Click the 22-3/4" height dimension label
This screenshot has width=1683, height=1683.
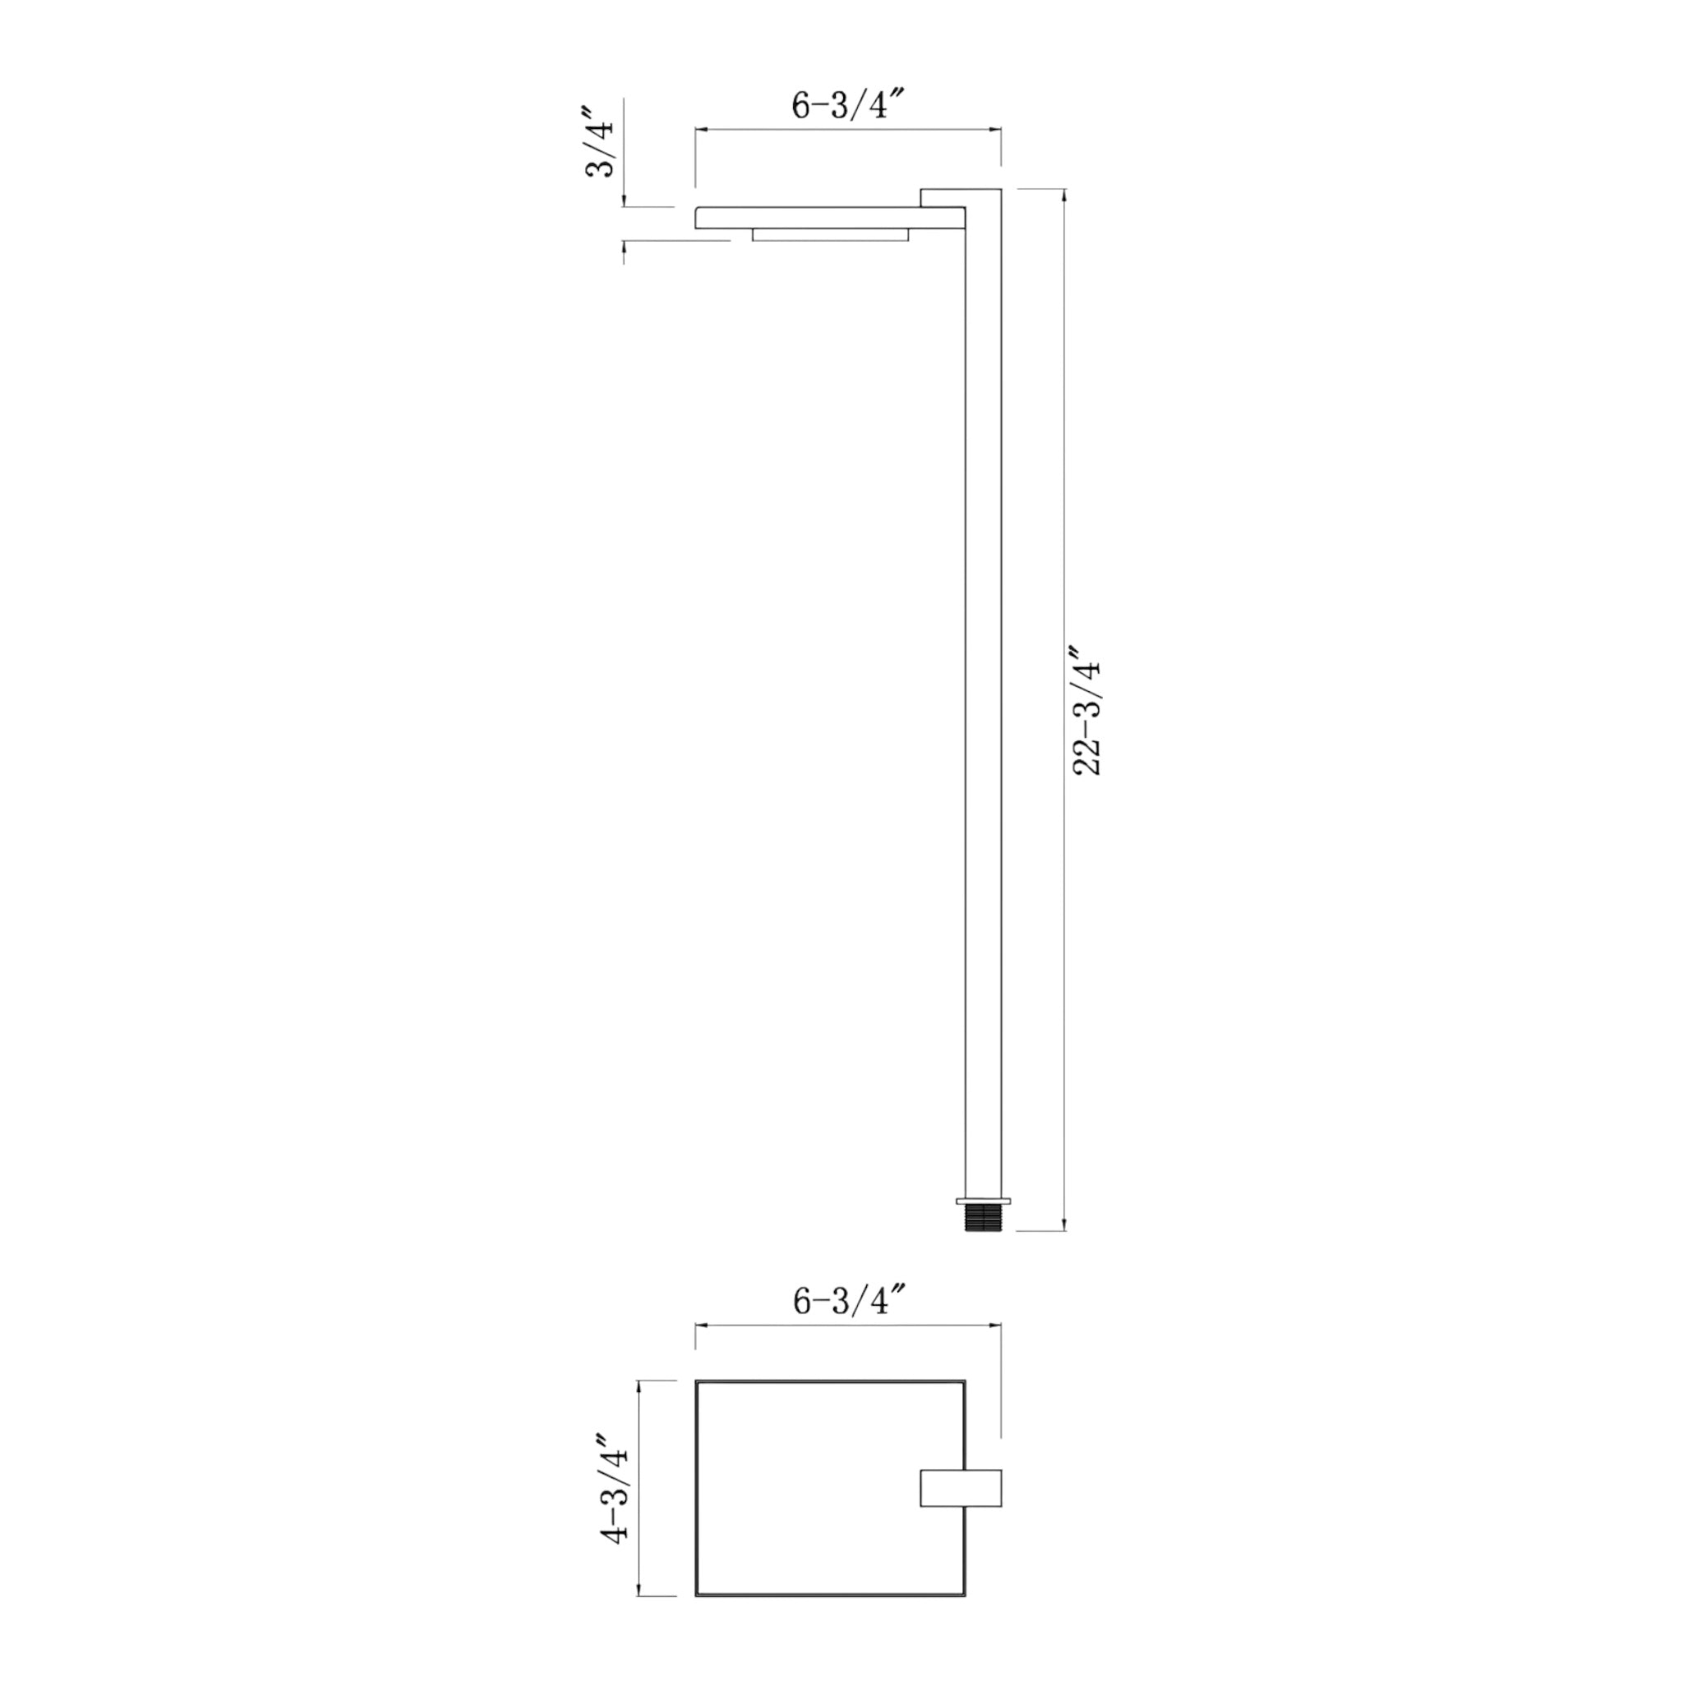[x=1088, y=710]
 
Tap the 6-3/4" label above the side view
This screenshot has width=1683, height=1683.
[x=850, y=105]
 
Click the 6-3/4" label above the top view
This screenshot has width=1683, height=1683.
[x=850, y=1325]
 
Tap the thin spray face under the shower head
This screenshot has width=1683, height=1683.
[x=830, y=235]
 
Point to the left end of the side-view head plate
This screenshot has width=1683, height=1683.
[x=697, y=218]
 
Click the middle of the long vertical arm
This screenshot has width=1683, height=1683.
[x=984, y=697]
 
